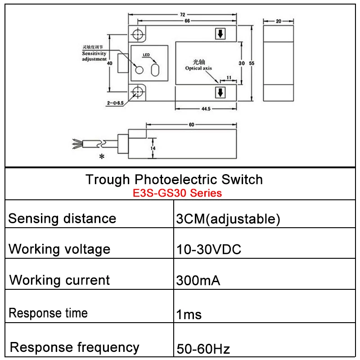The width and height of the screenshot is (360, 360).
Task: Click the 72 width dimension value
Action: [183, 15]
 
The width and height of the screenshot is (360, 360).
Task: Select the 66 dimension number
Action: [187, 21]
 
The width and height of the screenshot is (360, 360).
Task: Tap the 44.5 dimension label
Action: [206, 109]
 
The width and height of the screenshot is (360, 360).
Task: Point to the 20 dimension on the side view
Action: [279, 21]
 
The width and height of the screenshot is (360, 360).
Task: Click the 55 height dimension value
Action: [252, 63]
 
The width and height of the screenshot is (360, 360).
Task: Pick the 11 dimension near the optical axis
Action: [229, 77]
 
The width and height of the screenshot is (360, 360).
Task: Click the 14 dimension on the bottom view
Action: [153, 148]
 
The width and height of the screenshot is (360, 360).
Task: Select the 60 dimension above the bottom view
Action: [192, 125]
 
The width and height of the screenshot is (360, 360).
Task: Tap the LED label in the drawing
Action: [146, 55]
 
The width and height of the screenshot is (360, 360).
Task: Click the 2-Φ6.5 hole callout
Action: [115, 103]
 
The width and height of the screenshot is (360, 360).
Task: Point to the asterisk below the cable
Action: [102, 157]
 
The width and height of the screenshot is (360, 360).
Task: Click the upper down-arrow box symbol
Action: [220, 34]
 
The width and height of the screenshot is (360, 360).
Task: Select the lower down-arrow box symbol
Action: [220, 93]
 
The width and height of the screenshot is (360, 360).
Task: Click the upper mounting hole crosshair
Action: [138, 35]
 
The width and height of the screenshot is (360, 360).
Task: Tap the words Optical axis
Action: [198, 68]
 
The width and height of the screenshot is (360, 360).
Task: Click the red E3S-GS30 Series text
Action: [177, 193]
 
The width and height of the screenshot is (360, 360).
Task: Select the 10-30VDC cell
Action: [209, 249]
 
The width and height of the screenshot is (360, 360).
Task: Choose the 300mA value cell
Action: [198, 280]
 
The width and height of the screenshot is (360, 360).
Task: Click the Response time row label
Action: [48, 313]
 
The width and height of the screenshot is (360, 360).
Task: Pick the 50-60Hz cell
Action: [203, 349]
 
